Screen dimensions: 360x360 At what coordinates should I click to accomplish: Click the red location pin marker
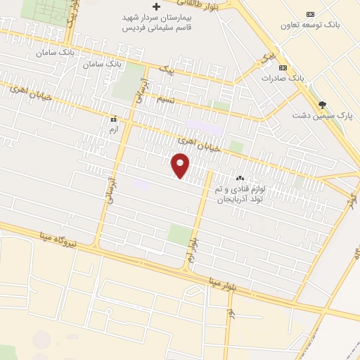coord(181,166)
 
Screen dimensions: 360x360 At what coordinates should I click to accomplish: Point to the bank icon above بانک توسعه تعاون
coord(310,14)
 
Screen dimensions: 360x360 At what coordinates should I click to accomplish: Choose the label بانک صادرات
coord(290,77)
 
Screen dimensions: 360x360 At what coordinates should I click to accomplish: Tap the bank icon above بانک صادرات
coord(283,67)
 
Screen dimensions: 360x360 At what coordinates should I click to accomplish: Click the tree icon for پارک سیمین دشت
coord(323,104)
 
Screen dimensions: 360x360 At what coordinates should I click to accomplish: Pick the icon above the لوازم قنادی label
coord(240,179)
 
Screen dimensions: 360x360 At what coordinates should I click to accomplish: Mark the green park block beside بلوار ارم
coord(179,234)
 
